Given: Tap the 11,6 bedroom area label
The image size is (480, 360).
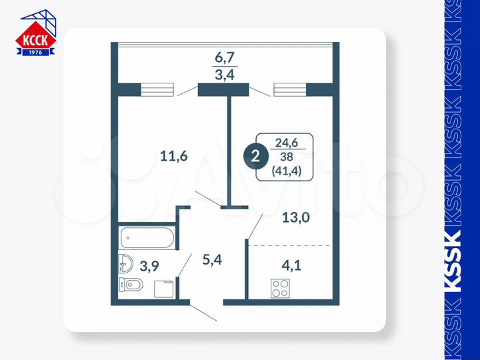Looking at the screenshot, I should tap(173, 157).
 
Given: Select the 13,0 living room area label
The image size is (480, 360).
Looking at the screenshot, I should tap(296, 216).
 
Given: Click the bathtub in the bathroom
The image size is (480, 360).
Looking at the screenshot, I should tap(147, 237).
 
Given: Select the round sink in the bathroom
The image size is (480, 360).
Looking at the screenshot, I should tap(125, 264).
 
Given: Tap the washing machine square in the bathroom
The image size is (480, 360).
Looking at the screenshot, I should tap(164, 288).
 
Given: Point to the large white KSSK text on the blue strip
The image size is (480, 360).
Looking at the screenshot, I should tap(453, 261).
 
